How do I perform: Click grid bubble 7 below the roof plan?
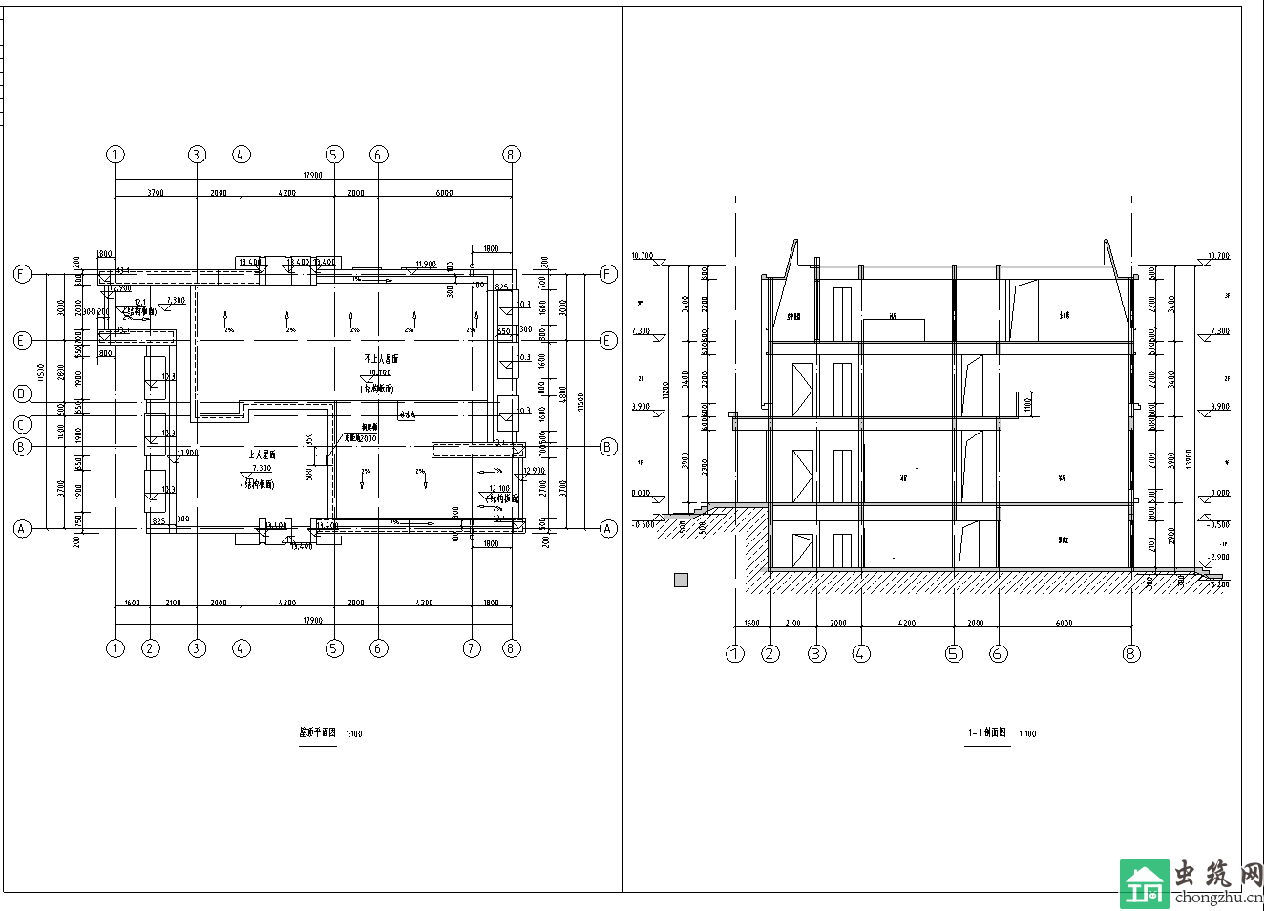click(x=472, y=648)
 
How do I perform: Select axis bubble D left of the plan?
click(x=23, y=394)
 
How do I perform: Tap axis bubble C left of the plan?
click(x=23, y=424)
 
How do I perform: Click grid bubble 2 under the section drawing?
click(x=770, y=654)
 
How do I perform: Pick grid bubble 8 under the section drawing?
click(x=1131, y=654)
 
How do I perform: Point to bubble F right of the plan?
click(x=608, y=275)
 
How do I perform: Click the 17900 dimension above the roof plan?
click(x=312, y=175)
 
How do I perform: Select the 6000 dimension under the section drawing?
click(x=1064, y=624)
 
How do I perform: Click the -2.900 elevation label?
click(x=1218, y=557)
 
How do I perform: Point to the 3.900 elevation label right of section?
click(x=1219, y=407)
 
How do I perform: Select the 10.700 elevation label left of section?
click(x=642, y=256)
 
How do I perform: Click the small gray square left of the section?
click(x=681, y=580)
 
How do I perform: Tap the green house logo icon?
click(x=1144, y=883)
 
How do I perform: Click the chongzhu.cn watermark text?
click(x=1218, y=897)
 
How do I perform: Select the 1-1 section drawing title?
click(x=986, y=733)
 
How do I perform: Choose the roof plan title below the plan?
click(x=318, y=733)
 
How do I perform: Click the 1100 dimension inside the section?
click(x=1027, y=404)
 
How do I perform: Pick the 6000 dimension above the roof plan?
click(x=444, y=193)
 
